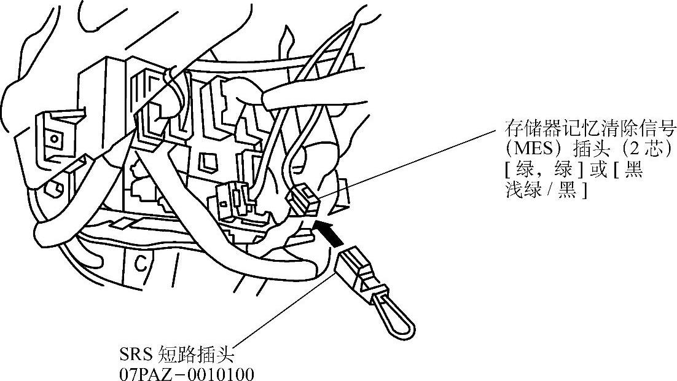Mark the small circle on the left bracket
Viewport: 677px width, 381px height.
click(55, 138)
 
